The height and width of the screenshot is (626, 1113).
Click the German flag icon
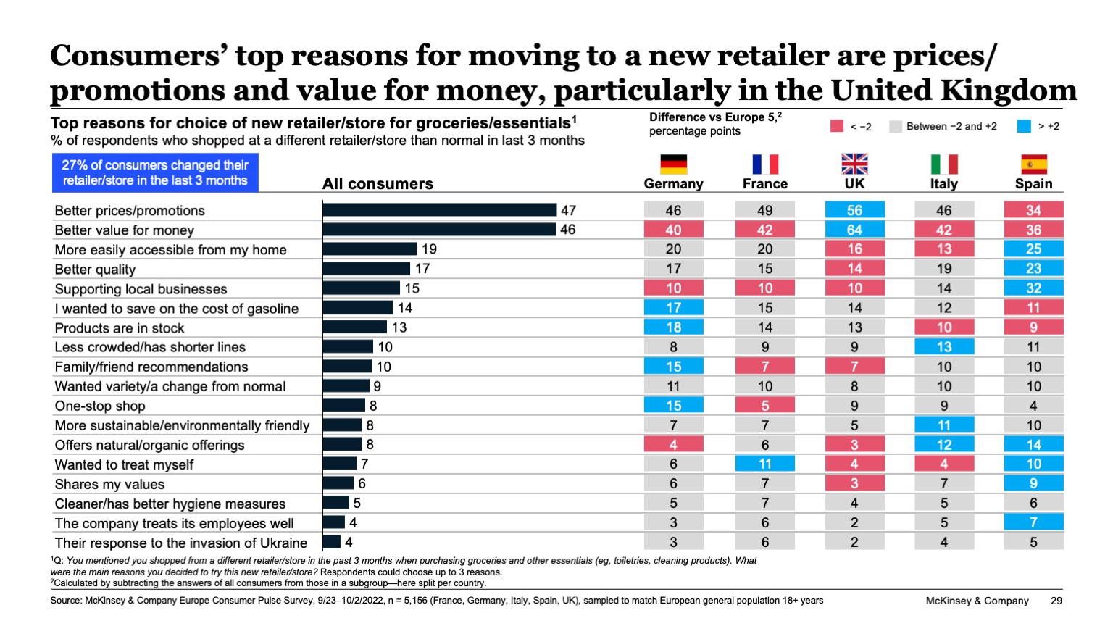[x=673, y=164]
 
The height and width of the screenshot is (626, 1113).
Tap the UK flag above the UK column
[x=854, y=164]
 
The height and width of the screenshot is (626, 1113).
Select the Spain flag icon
[x=1033, y=164]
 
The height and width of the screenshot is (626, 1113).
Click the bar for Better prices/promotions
[x=440, y=210]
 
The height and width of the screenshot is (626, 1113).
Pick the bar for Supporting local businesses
[x=361, y=288]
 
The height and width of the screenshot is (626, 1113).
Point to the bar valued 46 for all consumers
[x=440, y=230]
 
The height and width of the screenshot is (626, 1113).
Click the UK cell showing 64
[x=854, y=230]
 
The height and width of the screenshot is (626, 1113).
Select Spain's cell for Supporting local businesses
[x=1033, y=288]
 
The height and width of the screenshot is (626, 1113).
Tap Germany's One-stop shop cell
[x=673, y=406]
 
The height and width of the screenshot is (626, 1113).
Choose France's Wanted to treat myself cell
[x=764, y=464]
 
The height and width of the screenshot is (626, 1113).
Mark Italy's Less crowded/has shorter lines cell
[x=943, y=347]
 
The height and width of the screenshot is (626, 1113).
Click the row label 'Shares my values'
[x=109, y=484]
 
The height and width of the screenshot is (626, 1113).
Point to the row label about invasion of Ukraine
[x=181, y=543]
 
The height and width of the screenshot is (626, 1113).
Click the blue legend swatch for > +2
[x=1023, y=126]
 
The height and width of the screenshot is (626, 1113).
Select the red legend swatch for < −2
[x=837, y=126]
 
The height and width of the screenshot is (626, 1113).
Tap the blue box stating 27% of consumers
[x=155, y=173]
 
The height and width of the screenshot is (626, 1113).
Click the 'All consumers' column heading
[x=378, y=184]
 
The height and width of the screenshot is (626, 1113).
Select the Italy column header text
[x=943, y=184]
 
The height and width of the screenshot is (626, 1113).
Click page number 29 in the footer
[x=1056, y=601]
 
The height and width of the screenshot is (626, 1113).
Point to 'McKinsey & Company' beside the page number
[x=977, y=601]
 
